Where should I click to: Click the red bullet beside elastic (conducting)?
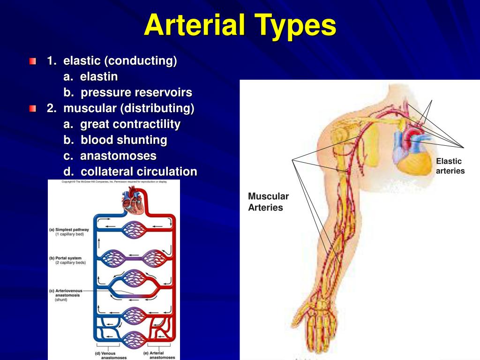(x=32, y=61)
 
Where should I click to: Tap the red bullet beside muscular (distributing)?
(x=32, y=109)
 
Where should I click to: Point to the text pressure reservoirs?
(x=136, y=93)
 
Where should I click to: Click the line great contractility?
(x=130, y=124)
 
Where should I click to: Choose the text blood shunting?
(x=123, y=140)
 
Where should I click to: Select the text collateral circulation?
(x=139, y=172)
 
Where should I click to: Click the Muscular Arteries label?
(x=268, y=202)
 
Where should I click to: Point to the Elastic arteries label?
(x=450, y=166)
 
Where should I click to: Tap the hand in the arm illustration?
(x=321, y=328)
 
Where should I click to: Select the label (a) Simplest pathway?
(x=69, y=232)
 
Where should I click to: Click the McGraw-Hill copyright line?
(x=114, y=182)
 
